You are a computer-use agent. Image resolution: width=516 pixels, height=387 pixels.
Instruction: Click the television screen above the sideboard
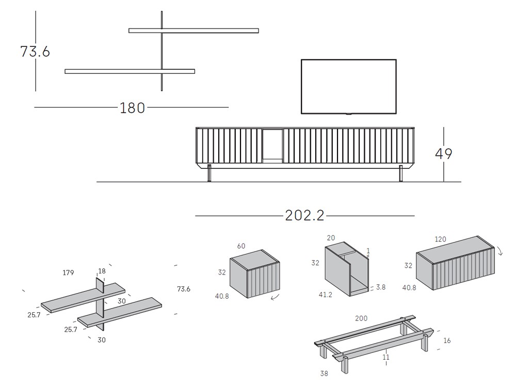click(x=349, y=86)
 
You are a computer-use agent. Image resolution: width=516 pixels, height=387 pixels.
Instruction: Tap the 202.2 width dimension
click(x=305, y=215)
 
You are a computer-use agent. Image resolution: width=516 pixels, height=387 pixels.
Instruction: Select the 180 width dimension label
click(x=132, y=108)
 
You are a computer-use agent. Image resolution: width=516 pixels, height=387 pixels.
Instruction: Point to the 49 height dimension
click(x=444, y=154)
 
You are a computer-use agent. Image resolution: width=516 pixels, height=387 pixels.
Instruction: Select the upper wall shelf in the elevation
click(x=193, y=30)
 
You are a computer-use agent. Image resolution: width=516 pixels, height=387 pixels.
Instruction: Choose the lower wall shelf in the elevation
click(x=130, y=71)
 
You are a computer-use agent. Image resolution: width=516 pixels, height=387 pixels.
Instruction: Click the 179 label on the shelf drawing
click(x=69, y=273)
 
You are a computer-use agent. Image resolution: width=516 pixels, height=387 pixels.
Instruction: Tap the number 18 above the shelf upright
click(x=101, y=271)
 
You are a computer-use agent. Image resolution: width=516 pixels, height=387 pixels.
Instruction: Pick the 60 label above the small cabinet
click(x=241, y=246)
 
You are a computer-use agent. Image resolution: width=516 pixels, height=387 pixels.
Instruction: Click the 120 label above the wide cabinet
click(x=440, y=239)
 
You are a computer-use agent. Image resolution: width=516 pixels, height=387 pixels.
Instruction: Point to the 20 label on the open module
click(x=331, y=238)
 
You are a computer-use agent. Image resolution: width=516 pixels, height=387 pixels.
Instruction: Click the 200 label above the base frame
click(x=361, y=318)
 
